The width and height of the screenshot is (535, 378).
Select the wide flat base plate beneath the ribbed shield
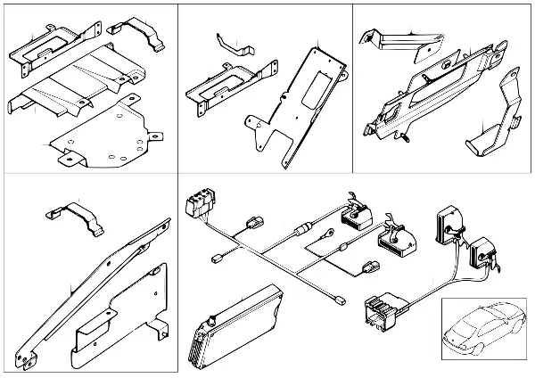107,134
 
